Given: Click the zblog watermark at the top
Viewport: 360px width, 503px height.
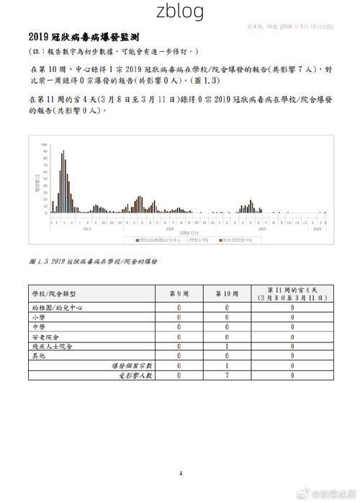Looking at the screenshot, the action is (180, 11).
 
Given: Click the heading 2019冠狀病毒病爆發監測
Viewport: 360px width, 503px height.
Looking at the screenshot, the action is (84, 36).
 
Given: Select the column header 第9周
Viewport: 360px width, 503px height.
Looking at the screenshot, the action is (179, 293).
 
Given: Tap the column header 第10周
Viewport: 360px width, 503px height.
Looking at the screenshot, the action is (226, 293).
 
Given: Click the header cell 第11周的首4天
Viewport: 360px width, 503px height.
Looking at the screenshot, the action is (292, 293).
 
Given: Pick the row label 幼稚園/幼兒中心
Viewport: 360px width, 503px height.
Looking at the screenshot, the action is (60, 307).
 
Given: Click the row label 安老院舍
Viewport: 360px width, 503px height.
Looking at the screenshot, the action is (45, 337).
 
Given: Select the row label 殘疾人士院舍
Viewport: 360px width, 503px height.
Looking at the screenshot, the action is (51, 346).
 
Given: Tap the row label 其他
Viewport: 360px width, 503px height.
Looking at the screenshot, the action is (38, 356).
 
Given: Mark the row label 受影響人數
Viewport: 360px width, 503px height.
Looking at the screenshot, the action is (135, 375).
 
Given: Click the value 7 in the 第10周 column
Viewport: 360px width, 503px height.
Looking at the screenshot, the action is (226, 375).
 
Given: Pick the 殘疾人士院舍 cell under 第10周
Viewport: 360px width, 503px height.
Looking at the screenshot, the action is (226, 346).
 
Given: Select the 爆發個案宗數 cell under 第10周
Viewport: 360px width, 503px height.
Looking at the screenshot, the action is (226, 365).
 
